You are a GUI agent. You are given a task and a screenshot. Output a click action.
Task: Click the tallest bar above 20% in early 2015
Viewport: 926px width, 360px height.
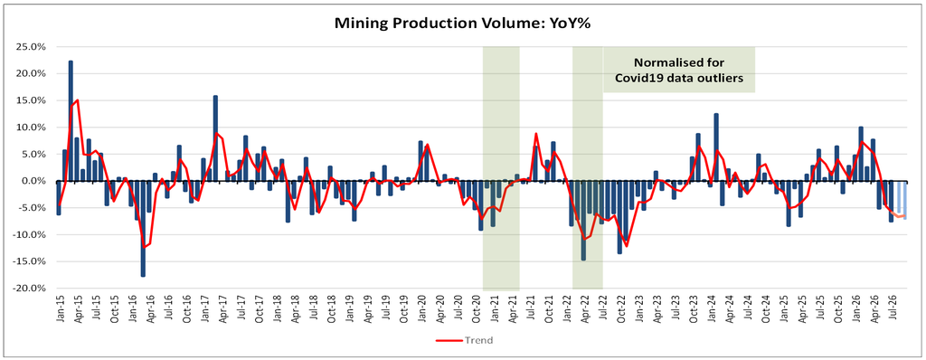tap(71, 120)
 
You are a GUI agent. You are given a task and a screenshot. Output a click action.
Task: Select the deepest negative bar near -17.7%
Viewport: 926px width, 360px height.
tap(143, 228)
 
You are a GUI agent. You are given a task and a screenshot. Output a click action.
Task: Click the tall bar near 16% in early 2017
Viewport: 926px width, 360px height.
tap(215, 137)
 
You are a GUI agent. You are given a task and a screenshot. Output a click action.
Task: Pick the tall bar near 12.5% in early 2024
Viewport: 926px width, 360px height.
tap(716, 147)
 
